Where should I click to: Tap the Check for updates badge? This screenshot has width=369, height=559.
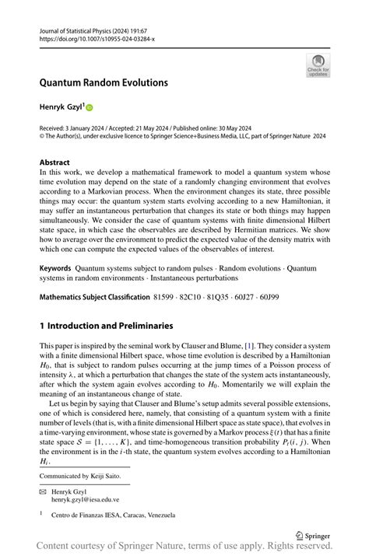click(x=318, y=65)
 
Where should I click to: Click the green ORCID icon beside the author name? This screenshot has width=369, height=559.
click(x=89, y=106)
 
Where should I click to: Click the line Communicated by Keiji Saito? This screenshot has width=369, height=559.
click(x=86, y=476)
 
